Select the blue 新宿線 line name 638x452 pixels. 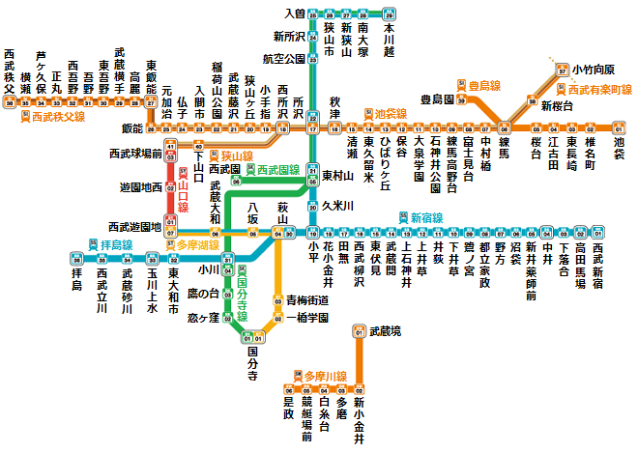(425, 217)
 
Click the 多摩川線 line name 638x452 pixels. (325, 375)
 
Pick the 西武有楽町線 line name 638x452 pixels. (599, 89)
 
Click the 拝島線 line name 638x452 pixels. (116, 246)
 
